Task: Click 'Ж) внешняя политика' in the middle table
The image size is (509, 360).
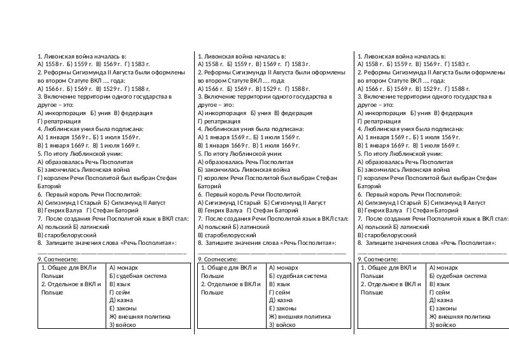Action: click(300, 316)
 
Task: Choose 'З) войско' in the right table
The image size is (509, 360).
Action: click(443, 324)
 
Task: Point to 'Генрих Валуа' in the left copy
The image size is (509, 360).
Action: click(62, 210)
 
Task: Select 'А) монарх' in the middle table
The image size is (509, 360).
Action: click(283, 268)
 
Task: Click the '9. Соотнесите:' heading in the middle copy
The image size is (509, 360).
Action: click(218, 260)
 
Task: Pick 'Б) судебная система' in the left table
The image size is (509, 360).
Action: click(138, 276)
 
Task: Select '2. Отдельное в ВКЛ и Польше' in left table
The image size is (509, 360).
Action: click(70, 288)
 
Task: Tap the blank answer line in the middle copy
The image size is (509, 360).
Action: click(272, 252)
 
